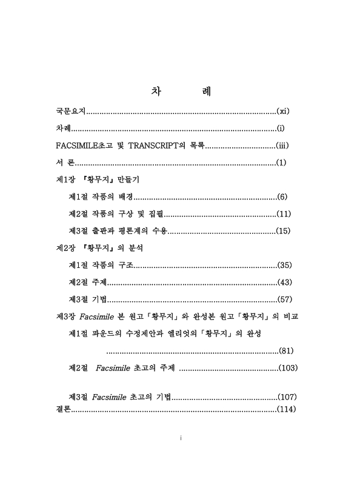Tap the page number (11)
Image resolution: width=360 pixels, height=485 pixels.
coord(284,214)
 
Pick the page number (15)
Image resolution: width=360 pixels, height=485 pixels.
coord(284,231)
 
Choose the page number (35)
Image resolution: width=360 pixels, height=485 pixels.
coord(284,266)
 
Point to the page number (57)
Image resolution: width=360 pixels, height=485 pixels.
coord(284,299)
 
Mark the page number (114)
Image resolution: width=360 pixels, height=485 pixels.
coord(286,410)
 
